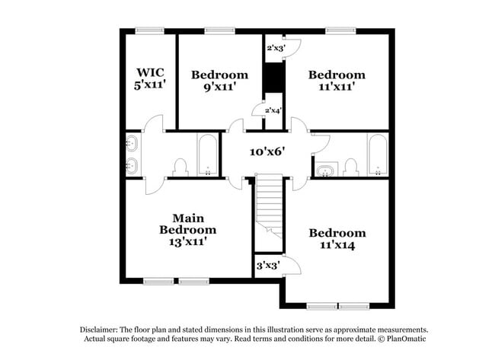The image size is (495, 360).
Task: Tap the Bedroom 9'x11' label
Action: pos(219,81)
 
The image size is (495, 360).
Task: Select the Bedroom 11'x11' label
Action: pos(336,81)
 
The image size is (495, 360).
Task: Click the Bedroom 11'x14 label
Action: pos(337,239)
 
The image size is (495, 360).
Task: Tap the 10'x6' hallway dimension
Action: pos(267,151)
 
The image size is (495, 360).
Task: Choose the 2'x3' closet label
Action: pos(273,48)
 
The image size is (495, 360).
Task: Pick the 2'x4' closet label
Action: pos(273,110)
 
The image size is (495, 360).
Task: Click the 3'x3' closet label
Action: pos(267,266)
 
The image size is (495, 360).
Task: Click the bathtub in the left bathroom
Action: pos(208,155)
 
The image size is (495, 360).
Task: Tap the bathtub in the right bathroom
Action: pos(377,155)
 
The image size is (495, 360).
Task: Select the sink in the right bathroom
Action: pos(324,170)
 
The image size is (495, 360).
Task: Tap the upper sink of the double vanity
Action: pos(131,142)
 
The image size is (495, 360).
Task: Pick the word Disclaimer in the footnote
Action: pos(101,330)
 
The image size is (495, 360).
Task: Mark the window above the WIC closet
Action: pos(150,30)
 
